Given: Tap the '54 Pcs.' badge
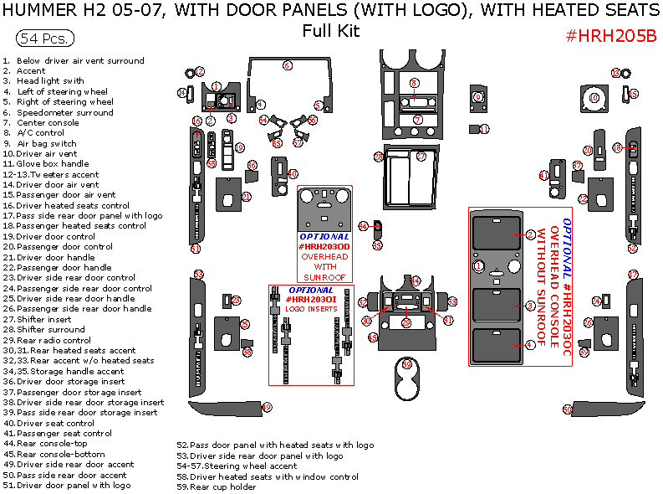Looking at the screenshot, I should click(45, 39).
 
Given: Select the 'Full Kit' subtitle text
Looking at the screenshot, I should click(331, 31).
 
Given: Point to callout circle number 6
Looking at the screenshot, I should click(287, 65).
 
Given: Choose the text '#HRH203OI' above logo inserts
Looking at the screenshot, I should click(311, 299).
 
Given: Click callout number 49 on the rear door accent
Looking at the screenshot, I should click(267, 407).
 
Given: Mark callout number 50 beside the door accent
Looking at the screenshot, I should click(567, 409).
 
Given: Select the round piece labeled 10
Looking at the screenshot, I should click(594, 98).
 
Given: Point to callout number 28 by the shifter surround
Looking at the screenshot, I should click(379, 157).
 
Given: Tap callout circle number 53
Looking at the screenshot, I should click(198, 275).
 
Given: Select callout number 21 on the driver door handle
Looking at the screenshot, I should click(246, 197).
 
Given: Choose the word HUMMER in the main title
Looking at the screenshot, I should click(42, 11).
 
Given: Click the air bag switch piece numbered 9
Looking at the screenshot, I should click(478, 97).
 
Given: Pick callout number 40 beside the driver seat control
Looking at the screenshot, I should click(293, 173).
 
